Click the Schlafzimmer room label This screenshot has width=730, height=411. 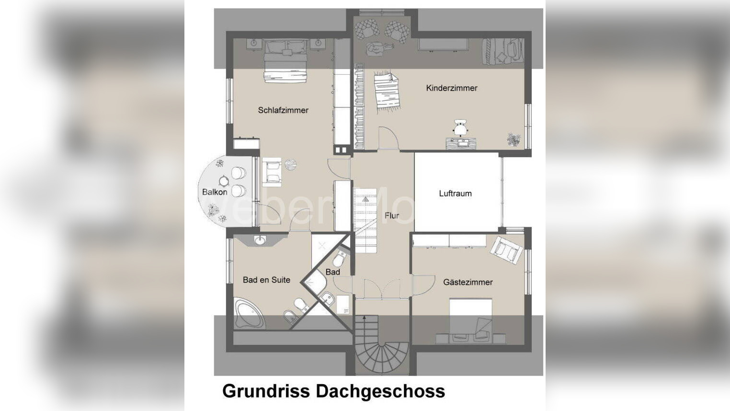point(283,110)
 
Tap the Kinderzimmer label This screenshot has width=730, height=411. point(452,88)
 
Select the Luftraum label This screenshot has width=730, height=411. point(455,194)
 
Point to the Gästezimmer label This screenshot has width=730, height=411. point(468,282)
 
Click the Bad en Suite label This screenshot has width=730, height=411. point(266,280)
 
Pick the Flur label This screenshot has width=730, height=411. point(391,216)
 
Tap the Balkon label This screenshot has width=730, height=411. point(215,192)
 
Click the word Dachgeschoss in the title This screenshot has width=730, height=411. point(380,391)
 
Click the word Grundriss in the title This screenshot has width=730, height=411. point(266,391)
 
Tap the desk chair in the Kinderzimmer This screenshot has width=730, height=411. point(460,128)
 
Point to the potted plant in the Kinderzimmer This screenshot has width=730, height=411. point(513,140)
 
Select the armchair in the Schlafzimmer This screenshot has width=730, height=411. point(272,172)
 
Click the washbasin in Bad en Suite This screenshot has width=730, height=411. point(260,240)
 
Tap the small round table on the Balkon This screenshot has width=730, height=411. point(224,181)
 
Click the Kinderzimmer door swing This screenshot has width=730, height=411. point(388,138)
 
